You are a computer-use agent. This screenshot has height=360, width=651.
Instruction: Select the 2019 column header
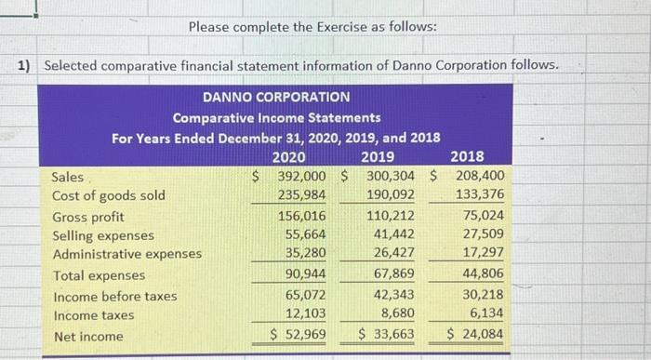377,156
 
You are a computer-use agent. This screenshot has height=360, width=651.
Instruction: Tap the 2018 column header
466,156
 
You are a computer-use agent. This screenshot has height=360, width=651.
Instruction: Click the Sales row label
68,177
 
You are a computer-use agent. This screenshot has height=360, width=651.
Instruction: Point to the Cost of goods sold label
109,195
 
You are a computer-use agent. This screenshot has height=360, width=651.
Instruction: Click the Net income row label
87,336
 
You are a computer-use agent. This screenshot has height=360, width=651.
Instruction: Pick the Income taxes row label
93,315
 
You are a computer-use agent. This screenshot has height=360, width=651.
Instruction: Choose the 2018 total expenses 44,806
482,275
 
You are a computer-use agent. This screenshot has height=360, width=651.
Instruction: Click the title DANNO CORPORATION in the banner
275,97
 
